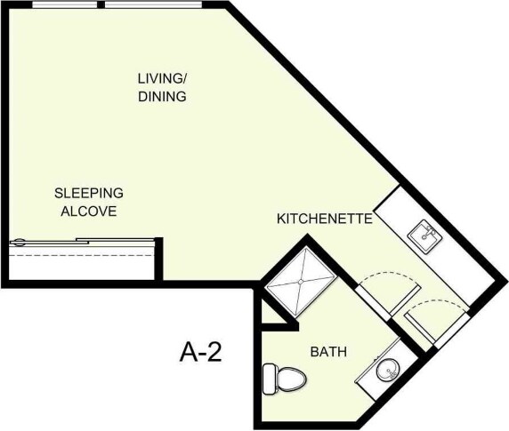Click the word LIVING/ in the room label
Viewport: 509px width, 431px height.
(161, 77)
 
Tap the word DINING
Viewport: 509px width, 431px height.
(162, 96)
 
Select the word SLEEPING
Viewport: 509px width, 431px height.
(88, 192)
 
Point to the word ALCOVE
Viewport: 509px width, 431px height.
(88, 211)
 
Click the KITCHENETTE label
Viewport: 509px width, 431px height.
(323, 219)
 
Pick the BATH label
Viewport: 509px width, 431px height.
(327, 353)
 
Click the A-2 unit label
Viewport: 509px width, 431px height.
(200, 353)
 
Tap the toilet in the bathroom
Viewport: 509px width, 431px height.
(285, 378)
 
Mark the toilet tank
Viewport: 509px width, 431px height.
(269, 378)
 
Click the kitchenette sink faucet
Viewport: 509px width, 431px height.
(429, 229)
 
